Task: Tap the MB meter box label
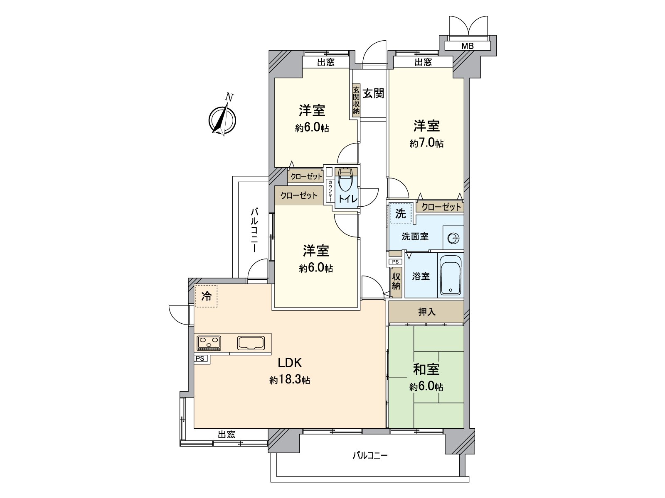coord(467,46)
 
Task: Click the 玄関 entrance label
coord(373,93)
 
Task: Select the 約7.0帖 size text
coord(426,144)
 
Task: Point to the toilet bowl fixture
coord(345,181)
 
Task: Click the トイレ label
coord(347,199)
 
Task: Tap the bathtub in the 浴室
coord(451,274)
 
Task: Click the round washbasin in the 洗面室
coord(453,238)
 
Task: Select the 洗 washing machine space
coord(400,214)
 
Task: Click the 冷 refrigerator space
coord(206,296)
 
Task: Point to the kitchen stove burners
coord(209,342)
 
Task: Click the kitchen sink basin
coord(251,343)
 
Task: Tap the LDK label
coord(290,363)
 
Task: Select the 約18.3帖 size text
coord(290,380)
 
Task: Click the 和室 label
coord(426,369)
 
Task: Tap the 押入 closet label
coord(426,312)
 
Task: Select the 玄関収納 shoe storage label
coord(356,100)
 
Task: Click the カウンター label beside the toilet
coord(330,190)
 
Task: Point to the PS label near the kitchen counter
coord(200,358)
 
